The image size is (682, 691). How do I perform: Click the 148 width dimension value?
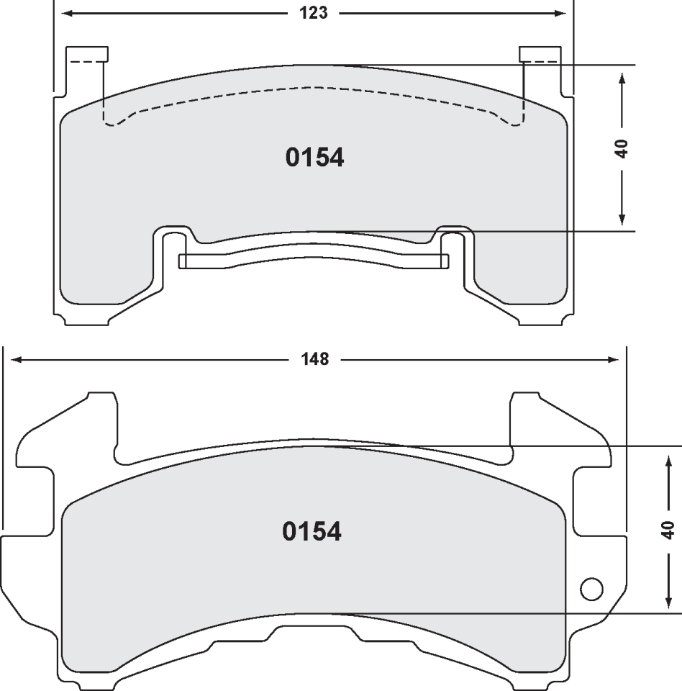(x=315, y=358)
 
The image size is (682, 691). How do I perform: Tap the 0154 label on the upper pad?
(x=315, y=158)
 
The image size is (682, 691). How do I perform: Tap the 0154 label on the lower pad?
(x=312, y=532)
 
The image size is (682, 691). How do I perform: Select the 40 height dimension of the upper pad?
(x=622, y=148)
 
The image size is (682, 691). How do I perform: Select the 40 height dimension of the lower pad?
(x=668, y=530)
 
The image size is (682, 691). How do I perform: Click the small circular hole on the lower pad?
(x=591, y=590)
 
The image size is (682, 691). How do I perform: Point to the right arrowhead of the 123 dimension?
(x=560, y=13)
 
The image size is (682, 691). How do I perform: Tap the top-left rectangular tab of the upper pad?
(x=86, y=54)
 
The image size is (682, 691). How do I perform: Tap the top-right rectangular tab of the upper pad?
(x=540, y=54)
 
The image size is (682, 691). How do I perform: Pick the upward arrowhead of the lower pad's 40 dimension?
(x=668, y=459)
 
